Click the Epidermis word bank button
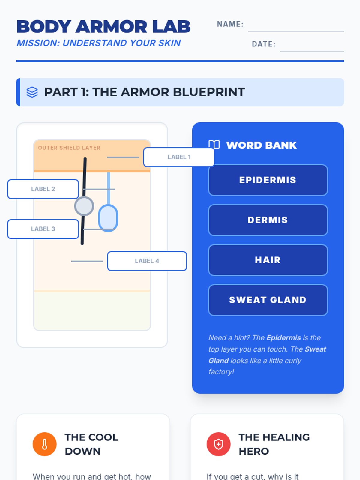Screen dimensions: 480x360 click(268, 180)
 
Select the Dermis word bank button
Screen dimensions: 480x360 click(268, 220)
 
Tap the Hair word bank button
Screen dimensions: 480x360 click(268, 260)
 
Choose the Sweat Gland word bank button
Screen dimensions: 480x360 click(268, 300)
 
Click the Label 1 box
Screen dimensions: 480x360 click(179, 157)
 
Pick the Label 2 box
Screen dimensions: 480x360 click(43, 189)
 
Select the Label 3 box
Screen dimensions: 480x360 click(43, 229)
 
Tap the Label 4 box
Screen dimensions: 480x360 click(147, 261)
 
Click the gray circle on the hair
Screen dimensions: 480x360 click(84, 206)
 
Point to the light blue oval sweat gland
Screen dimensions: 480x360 click(108, 218)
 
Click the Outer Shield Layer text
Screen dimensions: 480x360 click(69, 148)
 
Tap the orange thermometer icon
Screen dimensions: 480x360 click(45, 444)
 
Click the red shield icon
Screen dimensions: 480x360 click(218, 444)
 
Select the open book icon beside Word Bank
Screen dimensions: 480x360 click(214, 145)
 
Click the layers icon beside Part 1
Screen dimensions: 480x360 click(32, 92)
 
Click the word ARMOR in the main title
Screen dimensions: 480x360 click(111, 27)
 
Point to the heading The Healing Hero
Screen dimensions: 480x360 click(274, 444)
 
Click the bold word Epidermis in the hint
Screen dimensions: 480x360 click(283, 338)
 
